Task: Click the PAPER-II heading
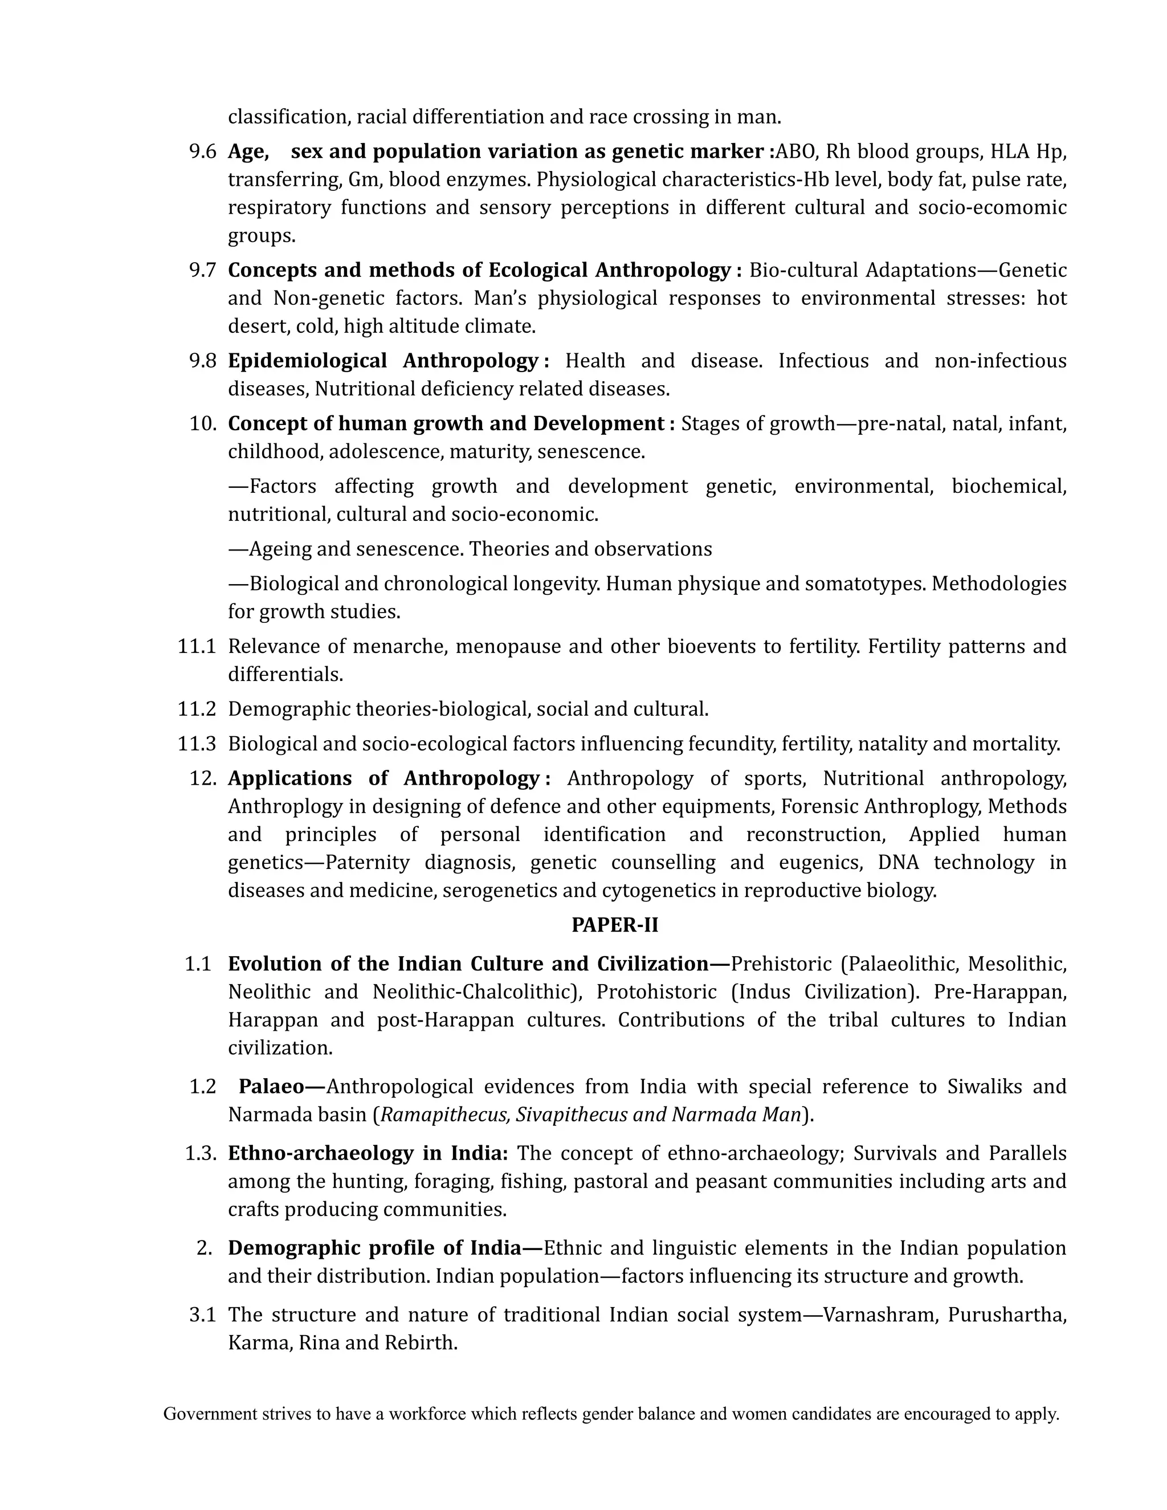615,925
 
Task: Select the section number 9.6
202,152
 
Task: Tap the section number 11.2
197,709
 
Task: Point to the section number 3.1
202,1315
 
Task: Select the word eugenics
821,862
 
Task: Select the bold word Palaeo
272,1086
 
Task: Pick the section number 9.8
202,361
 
